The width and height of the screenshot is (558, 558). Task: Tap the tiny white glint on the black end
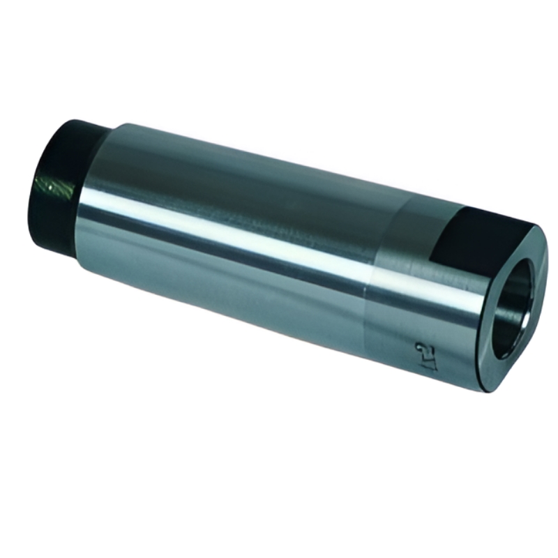pos(43,183)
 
